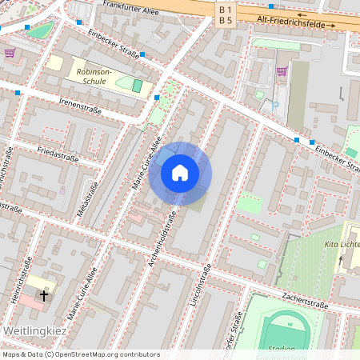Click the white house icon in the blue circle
tap(180, 173)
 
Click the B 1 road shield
tap(226, 7)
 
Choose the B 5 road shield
tap(226, 19)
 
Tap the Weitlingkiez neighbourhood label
tap(30, 330)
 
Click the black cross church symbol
tap(43, 295)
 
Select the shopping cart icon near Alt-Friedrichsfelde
tap(281, 70)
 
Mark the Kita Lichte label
tap(342, 243)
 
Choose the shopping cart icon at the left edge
tap(9, 53)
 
